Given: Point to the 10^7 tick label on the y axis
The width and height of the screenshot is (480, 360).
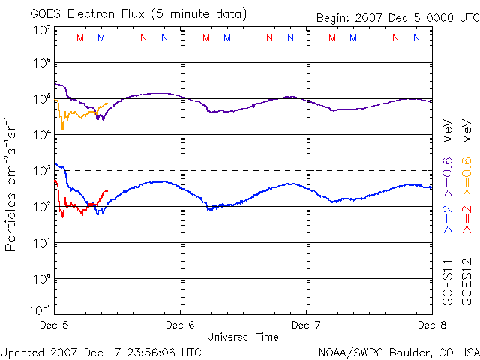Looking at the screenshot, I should (41, 30).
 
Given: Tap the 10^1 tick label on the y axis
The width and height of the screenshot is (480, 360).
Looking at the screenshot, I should (41, 242).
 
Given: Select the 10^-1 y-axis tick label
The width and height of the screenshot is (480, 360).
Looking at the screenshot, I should (40, 309).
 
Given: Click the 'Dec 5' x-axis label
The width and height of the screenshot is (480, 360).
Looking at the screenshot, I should (54, 325).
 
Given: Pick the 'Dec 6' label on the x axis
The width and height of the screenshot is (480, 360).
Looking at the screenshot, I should (180, 325).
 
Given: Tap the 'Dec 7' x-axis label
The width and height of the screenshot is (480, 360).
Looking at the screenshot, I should (305, 325).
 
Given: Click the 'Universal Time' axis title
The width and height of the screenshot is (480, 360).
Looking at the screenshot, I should (242, 337).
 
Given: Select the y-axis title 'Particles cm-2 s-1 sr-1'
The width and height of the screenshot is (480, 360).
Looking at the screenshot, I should (12, 184).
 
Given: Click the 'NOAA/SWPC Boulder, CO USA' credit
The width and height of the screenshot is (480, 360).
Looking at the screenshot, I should (398, 351).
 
